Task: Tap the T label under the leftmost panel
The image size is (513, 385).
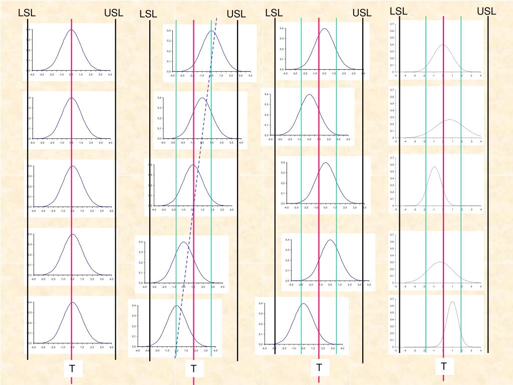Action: click(72, 369)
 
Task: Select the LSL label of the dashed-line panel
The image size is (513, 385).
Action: click(148, 15)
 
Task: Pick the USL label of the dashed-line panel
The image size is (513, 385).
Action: click(236, 14)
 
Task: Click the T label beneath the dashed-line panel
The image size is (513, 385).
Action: click(194, 369)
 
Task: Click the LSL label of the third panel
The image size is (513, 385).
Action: click(274, 13)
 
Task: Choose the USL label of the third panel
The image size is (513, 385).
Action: click(362, 13)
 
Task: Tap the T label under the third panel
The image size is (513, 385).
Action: click(319, 368)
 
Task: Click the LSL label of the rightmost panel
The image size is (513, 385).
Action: click(399, 11)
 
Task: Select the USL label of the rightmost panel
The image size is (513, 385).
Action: click(486, 11)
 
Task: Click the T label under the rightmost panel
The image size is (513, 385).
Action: click(444, 366)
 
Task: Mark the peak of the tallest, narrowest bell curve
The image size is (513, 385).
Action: click(452, 302)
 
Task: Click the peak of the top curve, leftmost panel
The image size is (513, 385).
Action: click(71, 30)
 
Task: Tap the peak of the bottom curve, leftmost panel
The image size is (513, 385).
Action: click(73, 303)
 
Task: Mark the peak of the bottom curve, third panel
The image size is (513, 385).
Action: click(303, 303)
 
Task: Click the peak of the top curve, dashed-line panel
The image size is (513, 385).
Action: click(211, 31)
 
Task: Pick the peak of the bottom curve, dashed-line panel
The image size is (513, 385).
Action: click(176, 306)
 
